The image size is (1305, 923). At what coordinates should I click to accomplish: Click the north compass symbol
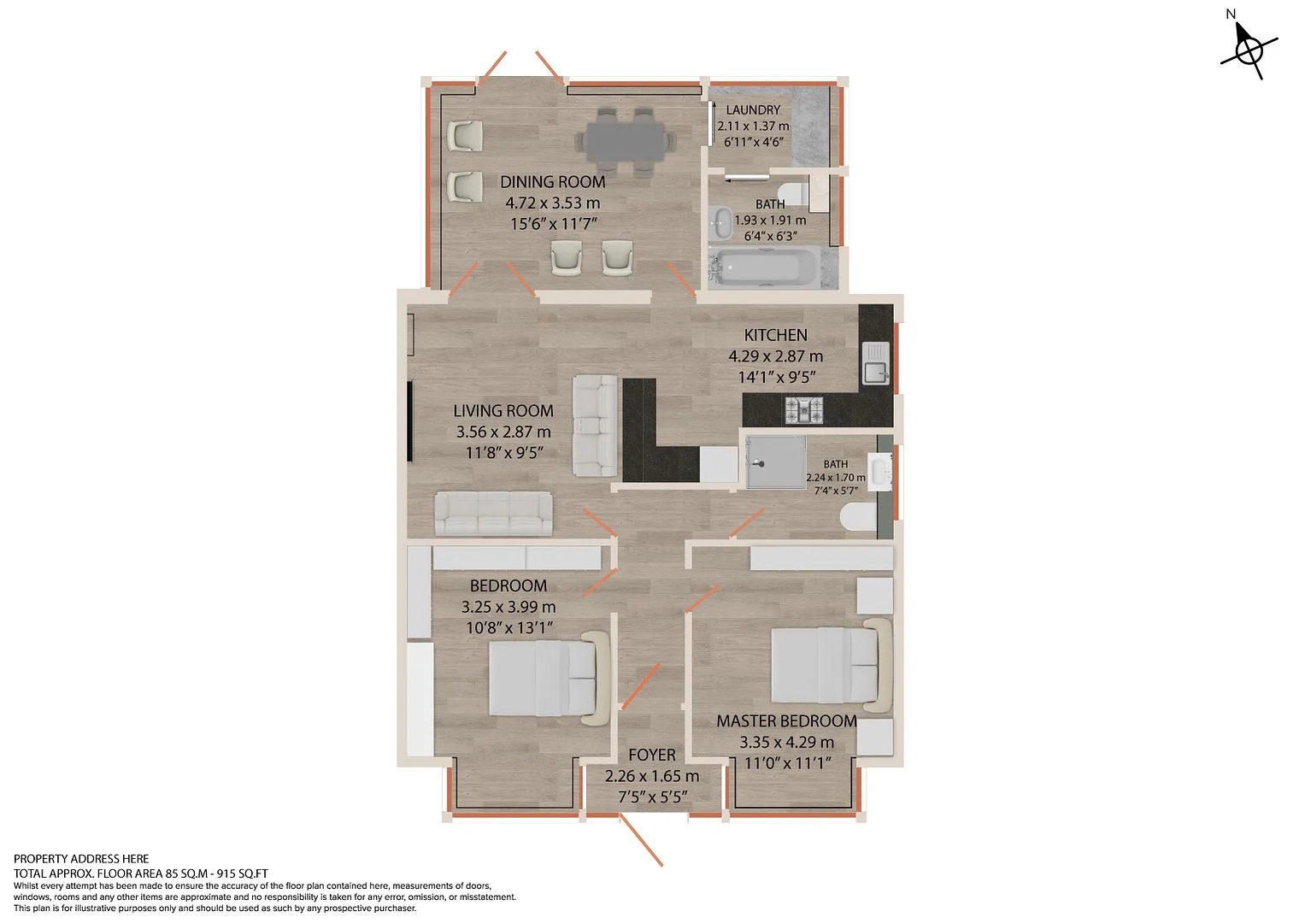pos(1249,50)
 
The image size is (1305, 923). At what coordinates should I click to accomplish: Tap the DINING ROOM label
pos(552,182)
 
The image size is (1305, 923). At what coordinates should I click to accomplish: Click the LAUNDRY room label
pos(753,109)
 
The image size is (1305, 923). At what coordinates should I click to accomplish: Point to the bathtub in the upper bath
pos(757,267)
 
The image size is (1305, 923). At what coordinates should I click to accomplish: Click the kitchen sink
pos(875,363)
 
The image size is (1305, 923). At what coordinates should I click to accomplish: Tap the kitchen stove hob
pos(804,409)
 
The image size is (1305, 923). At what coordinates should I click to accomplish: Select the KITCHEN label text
pos(775,335)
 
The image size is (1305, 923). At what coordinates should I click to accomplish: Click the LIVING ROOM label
pos(503,411)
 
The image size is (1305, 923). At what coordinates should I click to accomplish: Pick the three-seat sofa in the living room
pos(493,514)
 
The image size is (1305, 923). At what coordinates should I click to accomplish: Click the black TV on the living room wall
pos(409,421)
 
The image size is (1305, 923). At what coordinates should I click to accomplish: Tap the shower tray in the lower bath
pos(776,462)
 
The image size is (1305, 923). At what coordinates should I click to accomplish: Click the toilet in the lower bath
pos(859,517)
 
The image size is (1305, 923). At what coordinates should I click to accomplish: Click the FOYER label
pos(652,755)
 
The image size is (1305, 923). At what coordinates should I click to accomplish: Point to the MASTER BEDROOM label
pos(786,721)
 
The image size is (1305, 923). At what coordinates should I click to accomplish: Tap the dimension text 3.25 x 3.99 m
pos(508,607)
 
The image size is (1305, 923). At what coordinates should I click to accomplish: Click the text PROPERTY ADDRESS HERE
pos(81,859)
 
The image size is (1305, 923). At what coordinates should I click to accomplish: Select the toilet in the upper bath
pos(793,191)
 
